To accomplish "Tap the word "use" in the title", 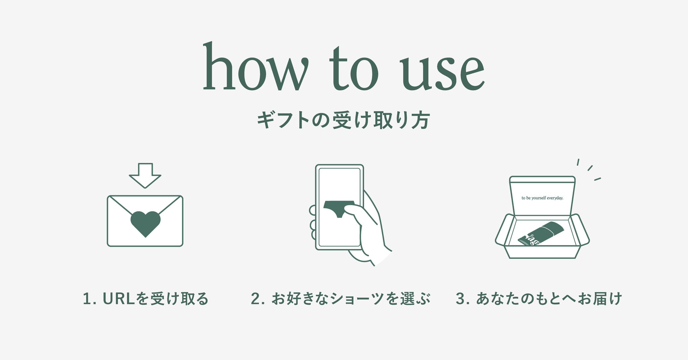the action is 442,72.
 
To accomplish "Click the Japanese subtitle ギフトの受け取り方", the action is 343,121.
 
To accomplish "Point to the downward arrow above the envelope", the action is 145,176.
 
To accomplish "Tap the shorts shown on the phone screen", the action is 339,208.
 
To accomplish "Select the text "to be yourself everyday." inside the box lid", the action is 542,198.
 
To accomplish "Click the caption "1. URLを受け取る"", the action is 145,299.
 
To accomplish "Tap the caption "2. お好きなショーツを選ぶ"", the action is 341,299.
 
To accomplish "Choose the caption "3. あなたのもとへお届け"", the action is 539,299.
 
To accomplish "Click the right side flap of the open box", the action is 580,229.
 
